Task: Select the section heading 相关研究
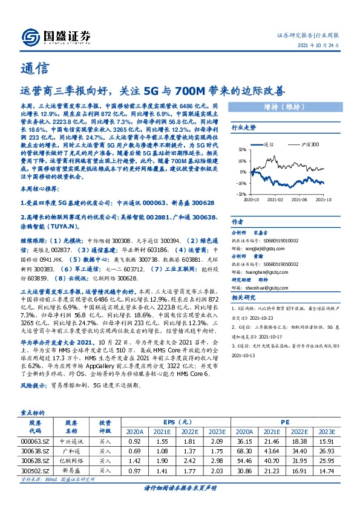pos(244,297)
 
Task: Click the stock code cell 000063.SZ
pos(36,442)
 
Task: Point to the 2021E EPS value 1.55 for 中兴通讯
pos(163,442)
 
